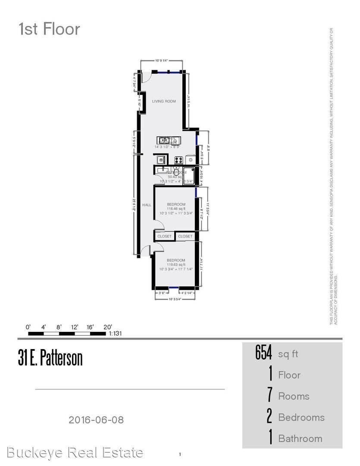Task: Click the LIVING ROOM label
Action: [x=164, y=101]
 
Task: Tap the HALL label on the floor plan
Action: [x=147, y=205]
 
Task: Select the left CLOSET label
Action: [x=164, y=236]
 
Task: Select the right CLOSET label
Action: [x=185, y=236]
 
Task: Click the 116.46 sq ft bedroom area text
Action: [x=176, y=208]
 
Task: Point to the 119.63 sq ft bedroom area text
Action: [x=176, y=264]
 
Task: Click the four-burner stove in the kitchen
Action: [x=179, y=160]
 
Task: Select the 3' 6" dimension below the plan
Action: [x=162, y=293]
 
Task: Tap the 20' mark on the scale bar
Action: [x=107, y=327]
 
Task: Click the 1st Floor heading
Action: [x=49, y=29]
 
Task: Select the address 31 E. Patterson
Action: [x=50, y=359]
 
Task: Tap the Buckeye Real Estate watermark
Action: [x=75, y=453]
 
